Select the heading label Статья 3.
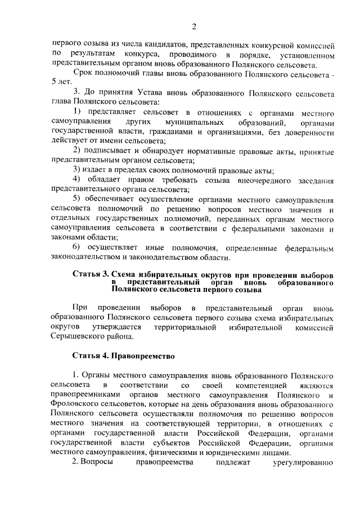(93, 273)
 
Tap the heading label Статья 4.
(93, 356)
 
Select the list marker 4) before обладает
(78, 180)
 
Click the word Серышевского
(75, 336)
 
